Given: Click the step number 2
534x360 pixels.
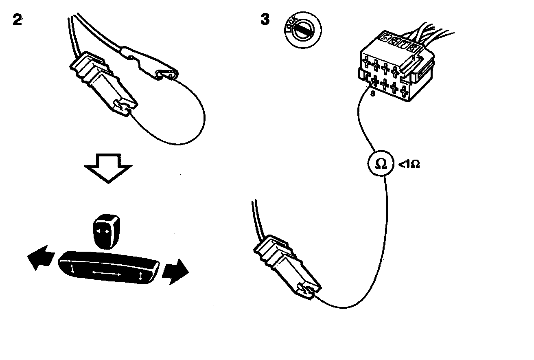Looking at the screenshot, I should click(18, 20).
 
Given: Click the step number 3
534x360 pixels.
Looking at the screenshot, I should click(265, 19).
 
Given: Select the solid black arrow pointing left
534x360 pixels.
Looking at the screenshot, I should click(41, 257).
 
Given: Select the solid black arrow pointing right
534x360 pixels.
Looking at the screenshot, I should click(175, 272).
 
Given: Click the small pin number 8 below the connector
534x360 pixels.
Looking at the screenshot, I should click(372, 93).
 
